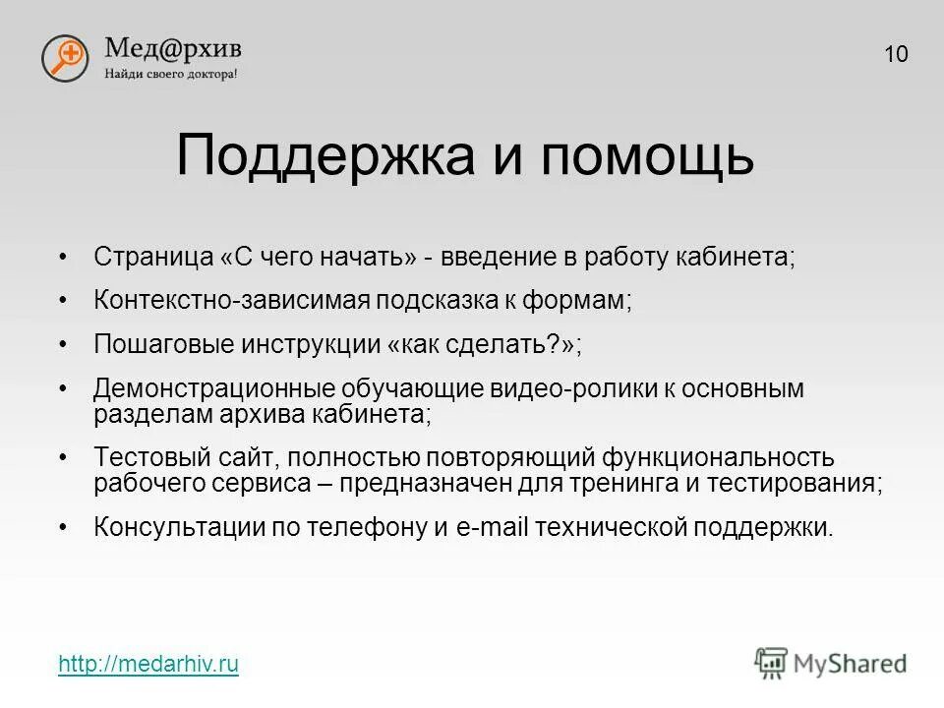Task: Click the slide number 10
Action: pos(896,54)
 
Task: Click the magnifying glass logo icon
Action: pos(65,57)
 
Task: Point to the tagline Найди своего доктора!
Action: pos(171,74)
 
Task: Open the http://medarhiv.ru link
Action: pos(148,665)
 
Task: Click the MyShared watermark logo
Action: pos(831,662)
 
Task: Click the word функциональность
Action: pos(719,457)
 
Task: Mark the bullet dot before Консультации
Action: pos(63,527)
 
